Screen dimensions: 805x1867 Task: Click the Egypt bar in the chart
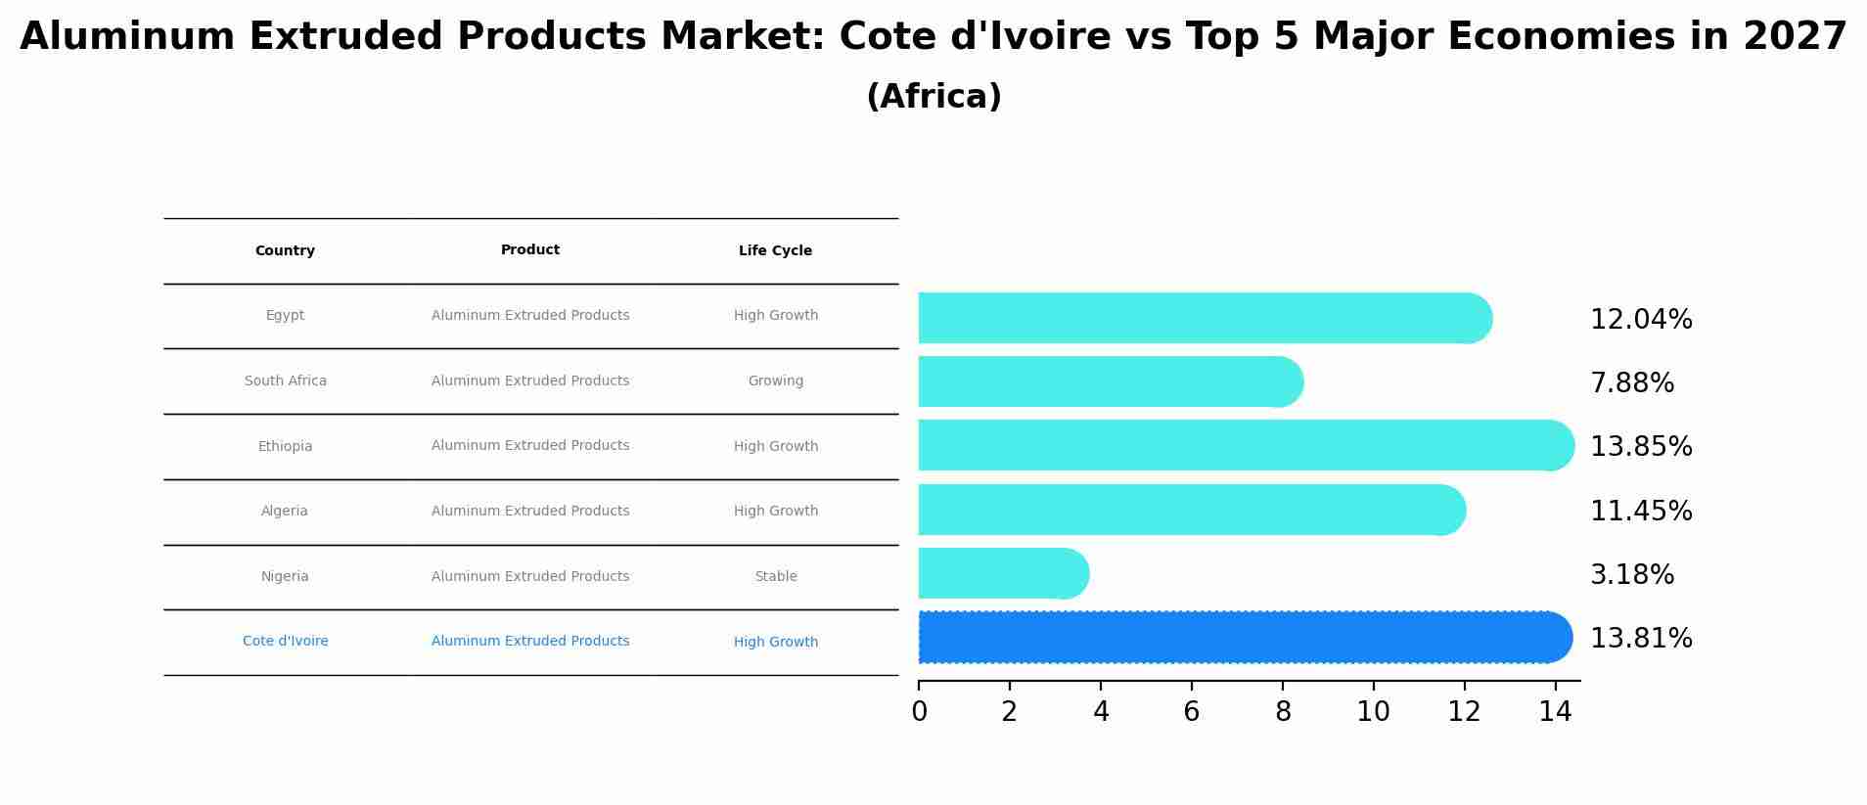point(1204,318)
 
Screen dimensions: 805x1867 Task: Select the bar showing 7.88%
point(1110,381)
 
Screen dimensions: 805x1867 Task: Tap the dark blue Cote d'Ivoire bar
point(1243,638)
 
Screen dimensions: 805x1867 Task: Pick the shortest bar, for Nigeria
point(1002,573)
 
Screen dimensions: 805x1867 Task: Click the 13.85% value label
point(1641,447)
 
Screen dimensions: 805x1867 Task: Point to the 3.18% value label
point(1631,575)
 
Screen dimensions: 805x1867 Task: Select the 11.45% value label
point(1641,512)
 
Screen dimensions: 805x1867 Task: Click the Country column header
point(285,251)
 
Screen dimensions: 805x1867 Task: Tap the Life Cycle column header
point(775,251)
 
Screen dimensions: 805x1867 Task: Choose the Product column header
point(530,250)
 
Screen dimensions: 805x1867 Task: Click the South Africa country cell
point(285,381)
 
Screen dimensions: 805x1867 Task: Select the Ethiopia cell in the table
point(285,447)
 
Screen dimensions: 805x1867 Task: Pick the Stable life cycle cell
point(775,577)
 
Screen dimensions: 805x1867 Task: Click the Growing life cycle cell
point(775,381)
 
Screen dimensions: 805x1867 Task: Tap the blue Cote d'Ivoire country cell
point(285,642)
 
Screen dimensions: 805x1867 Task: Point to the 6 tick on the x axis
point(1191,712)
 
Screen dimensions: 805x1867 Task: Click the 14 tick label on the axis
point(1555,712)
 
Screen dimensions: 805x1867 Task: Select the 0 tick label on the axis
point(919,712)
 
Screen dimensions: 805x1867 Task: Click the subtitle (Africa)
point(933,97)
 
